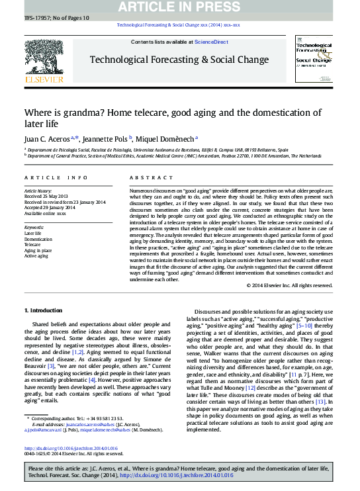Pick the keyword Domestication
38,239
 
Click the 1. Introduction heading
44,310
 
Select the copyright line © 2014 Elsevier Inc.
289,285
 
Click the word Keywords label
34,227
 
